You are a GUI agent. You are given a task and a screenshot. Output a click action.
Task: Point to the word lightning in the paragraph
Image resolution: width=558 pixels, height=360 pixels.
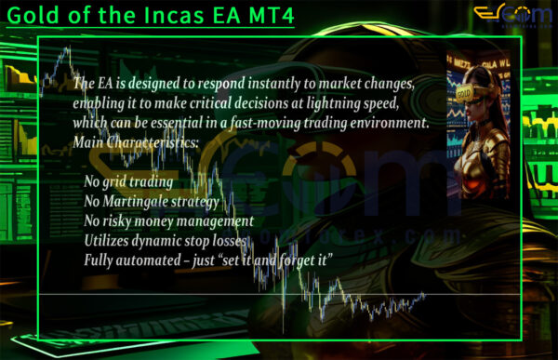349,102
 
